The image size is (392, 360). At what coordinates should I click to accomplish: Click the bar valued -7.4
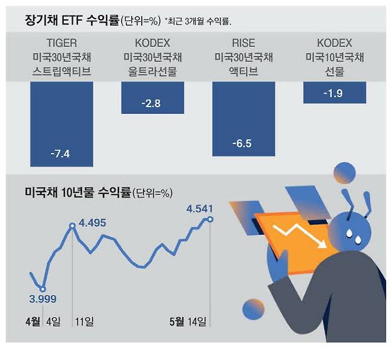61,125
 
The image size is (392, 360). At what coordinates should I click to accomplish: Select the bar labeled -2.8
152,97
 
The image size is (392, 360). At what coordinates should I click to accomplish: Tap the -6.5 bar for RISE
243,119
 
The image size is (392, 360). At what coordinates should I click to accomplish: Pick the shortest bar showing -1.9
334,92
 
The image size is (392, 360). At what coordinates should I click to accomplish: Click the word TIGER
61,43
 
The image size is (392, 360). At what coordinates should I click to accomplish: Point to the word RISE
243,43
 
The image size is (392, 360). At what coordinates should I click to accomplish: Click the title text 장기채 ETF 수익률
71,21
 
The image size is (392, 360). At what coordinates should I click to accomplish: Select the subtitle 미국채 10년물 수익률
77,193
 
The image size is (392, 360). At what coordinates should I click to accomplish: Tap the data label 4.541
200,208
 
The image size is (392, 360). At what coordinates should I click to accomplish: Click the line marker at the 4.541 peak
210,220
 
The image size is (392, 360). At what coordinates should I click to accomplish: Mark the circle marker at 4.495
72,226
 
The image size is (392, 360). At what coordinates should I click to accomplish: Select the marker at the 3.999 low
42,289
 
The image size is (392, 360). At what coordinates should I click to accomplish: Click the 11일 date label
84,323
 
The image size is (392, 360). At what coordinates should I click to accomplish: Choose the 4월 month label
33,323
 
